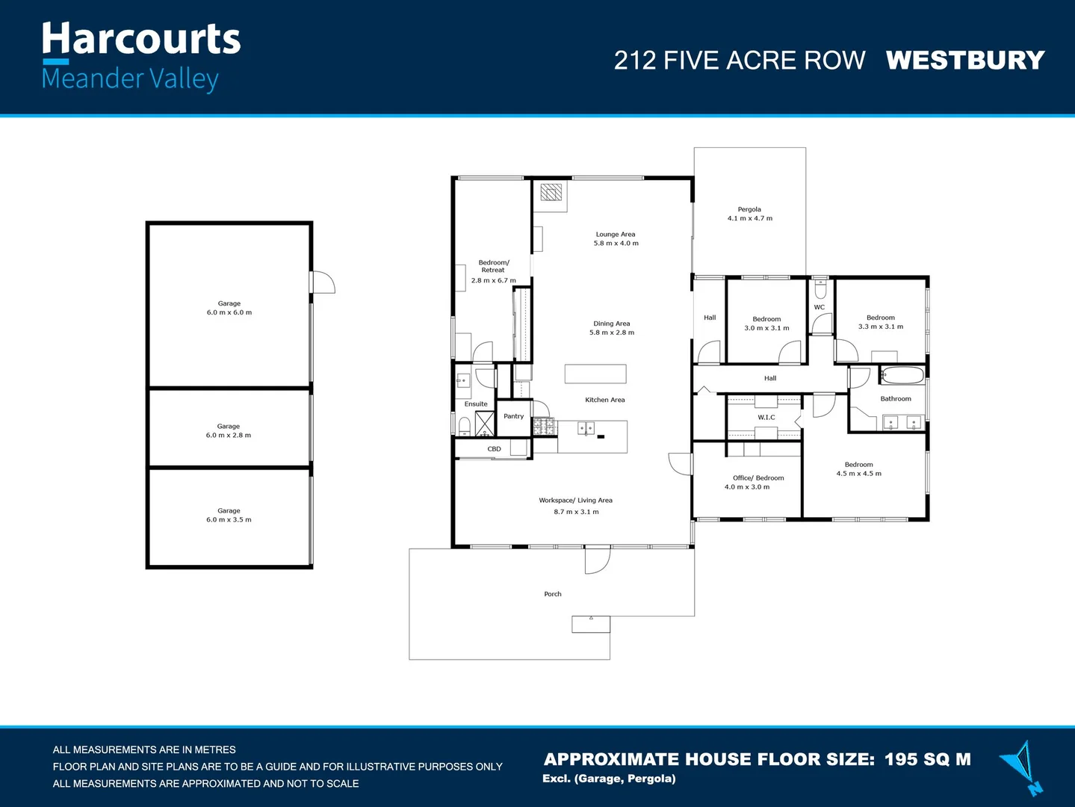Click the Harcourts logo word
141,39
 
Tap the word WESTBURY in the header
964,60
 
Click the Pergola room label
749,209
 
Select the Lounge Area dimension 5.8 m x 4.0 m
616,244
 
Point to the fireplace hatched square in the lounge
551,193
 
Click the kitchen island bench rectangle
595,374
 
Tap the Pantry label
513,416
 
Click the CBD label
494,449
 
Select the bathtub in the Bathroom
902,375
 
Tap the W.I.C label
766,418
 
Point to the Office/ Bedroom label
758,478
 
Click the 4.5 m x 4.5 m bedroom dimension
858,474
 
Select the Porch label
552,594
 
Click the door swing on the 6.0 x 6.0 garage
323,282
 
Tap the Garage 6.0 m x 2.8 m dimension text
229,436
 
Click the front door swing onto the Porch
597,560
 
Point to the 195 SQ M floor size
927,759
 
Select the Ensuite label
476,404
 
